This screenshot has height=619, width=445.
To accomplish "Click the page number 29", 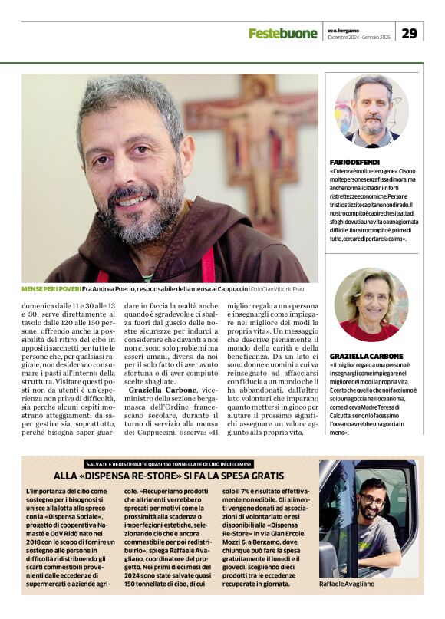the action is click(409, 33).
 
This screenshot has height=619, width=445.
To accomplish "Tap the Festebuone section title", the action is click(282, 33).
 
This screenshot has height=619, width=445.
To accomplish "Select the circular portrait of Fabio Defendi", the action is click(371, 110).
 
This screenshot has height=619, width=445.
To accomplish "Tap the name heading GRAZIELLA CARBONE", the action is click(367, 357).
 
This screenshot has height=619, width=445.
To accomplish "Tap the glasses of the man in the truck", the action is click(373, 500).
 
